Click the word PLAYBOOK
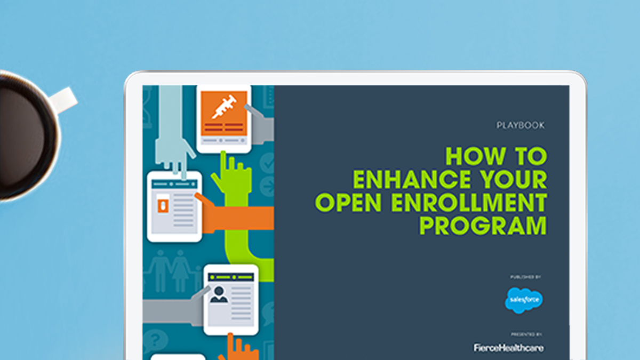coord(521,125)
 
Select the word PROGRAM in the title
coord(483,226)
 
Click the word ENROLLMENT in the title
coord(469,203)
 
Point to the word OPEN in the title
coord(348,203)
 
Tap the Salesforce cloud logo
coord(524,300)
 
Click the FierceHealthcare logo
coord(509,348)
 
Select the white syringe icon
coord(224,107)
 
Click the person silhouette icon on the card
coord(219,294)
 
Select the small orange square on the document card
coord(163,205)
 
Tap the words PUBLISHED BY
coord(526,277)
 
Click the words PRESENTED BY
coord(526,334)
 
